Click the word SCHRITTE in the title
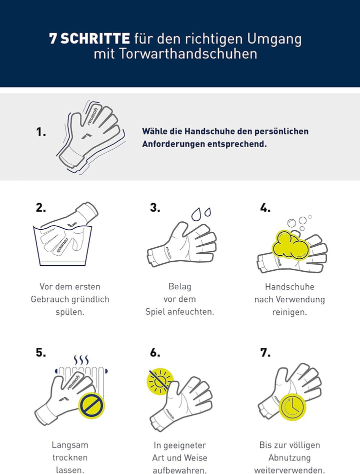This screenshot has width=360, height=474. pyautogui.click(x=95, y=39)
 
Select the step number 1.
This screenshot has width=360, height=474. pyautogui.click(x=41, y=132)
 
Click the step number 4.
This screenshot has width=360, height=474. pyautogui.click(x=265, y=208)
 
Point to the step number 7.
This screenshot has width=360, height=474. pyautogui.click(x=265, y=352)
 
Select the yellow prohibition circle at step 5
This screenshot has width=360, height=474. pyautogui.click(x=92, y=406)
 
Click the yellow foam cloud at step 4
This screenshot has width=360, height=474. pyautogui.click(x=290, y=245)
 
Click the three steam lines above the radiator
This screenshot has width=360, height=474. pyautogui.click(x=81, y=360)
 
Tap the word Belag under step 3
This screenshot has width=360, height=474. pyautogui.click(x=179, y=287)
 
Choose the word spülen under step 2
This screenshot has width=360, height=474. pyautogui.click(x=70, y=312)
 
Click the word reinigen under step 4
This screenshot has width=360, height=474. pyautogui.click(x=289, y=312)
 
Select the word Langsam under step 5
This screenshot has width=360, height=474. pyautogui.click(x=70, y=445)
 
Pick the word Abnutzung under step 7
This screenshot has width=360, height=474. pyautogui.click(x=289, y=457)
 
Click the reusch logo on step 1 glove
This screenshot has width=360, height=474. pyautogui.click(x=92, y=116)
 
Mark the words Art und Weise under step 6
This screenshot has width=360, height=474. pyautogui.click(x=179, y=457)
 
